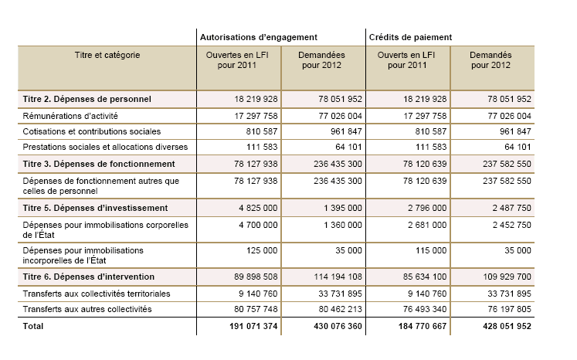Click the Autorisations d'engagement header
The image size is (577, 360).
(x=259, y=36)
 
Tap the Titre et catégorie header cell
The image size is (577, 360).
(x=107, y=56)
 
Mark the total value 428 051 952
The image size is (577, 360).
(x=499, y=326)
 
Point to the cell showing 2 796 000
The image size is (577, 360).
(x=425, y=208)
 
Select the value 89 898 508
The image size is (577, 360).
(x=252, y=276)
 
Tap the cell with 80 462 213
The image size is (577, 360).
(x=334, y=309)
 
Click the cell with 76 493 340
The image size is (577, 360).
(x=421, y=309)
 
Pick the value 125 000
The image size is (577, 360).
(x=262, y=250)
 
